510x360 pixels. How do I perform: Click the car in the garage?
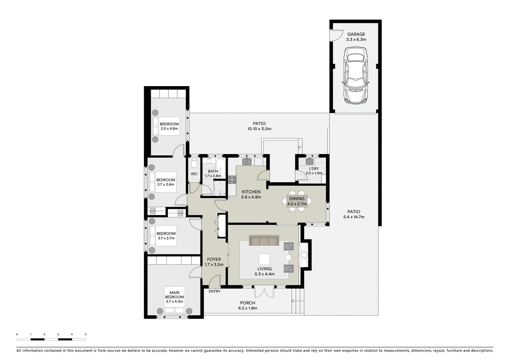pos(356,75)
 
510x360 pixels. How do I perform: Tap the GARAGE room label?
pos(356,34)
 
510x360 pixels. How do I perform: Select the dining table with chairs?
pos(297,201)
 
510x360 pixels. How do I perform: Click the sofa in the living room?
pos(264,241)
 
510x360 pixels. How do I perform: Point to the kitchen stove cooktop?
pos(232,180)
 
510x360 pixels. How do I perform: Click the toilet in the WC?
pos(194,163)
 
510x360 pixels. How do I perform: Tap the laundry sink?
pos(310,162)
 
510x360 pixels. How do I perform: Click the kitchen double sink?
pos(247,162)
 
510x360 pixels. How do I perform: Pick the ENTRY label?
pos(214,291)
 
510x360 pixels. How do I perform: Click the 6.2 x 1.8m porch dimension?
pos(247,308)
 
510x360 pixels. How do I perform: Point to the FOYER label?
pos(214,259)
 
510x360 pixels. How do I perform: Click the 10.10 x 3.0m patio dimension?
pos(259,129)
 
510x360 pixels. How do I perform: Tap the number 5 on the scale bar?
pos(86,334)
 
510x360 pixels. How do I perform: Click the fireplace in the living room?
pos(304,255)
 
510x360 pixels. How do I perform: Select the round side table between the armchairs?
pos(288,257)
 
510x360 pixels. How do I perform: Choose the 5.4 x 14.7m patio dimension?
pos(354,217)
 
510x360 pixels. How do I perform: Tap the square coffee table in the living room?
pos(264,259)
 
